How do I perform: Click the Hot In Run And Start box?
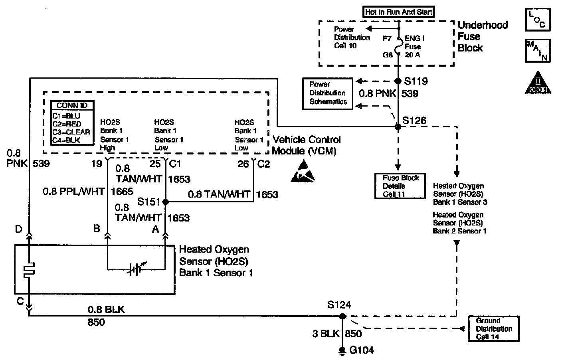(398, 12)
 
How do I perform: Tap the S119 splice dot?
(398, 81)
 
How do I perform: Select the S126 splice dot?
(398, 127)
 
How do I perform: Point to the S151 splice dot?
(166, 202)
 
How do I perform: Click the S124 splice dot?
(342, 316)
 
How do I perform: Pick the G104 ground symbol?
(342, 351)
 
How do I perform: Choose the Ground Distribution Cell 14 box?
(493, 329)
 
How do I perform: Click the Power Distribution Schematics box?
(327, 93)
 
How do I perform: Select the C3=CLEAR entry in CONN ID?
(71, 132)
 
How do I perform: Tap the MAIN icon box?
(538, 51)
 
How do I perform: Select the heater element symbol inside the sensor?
(29, 270)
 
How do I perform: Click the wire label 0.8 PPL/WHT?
(73, 192)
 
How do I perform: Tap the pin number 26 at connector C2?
(243, 164)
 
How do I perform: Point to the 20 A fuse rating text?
(412, 55)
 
